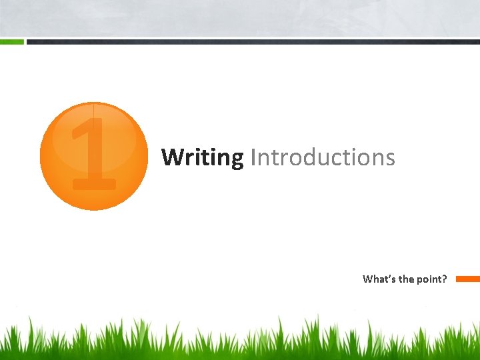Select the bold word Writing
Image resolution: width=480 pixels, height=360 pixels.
[203, 158]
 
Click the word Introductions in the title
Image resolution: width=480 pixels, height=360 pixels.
[323, 158]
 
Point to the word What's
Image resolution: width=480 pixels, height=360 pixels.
[379, 279]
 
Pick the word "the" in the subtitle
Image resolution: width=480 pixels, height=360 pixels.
[407, 279]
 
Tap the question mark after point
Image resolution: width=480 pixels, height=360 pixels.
[445, 279]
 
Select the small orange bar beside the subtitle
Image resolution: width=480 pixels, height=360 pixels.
[467, 279]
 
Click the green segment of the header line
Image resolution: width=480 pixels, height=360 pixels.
[11, 41]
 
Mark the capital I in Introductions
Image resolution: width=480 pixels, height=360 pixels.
[253, 158]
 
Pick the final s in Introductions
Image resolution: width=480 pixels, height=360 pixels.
[390, 159]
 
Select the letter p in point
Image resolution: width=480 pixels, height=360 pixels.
[421, 280]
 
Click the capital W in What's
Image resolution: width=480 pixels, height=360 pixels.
[368, 279]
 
